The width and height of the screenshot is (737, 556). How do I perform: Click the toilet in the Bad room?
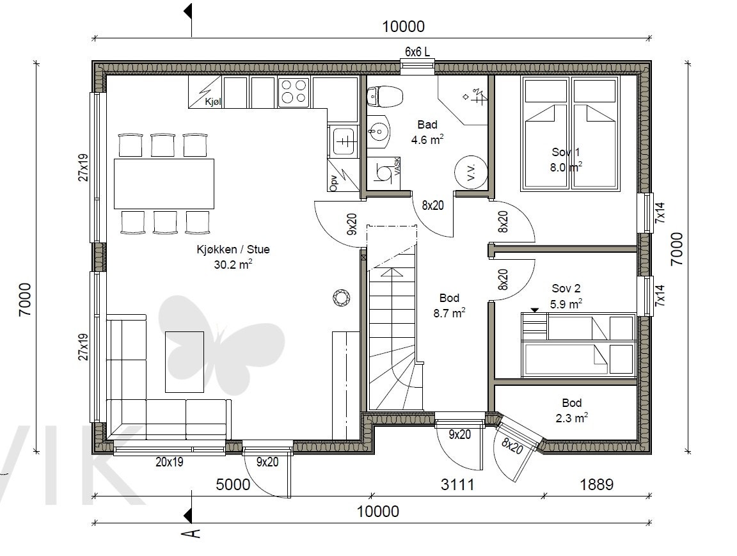pos(384,97)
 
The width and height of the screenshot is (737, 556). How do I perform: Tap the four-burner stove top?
pos(293,91)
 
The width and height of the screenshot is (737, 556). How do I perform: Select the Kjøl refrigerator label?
pos(213,102)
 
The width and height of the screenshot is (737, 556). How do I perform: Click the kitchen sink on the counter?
pos(344,141)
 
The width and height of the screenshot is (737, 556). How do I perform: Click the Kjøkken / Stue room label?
pos(233,249)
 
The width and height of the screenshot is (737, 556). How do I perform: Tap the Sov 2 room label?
pos(566,288)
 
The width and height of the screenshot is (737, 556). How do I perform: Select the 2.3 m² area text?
pos(571,418)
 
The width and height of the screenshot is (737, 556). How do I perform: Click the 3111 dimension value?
pos(457,484)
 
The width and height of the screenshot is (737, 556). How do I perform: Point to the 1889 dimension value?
pos(596,484)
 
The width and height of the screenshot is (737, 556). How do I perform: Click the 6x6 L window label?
pos(417,52)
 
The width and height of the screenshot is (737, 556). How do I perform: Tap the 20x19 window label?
pos(169,462)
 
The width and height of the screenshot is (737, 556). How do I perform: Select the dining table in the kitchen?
pos(164,184)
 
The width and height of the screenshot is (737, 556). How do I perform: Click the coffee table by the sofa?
pos(184,362)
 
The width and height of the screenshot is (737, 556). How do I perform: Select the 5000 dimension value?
pos(233,484)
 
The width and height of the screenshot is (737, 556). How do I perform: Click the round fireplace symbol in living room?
pos(341,298)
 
